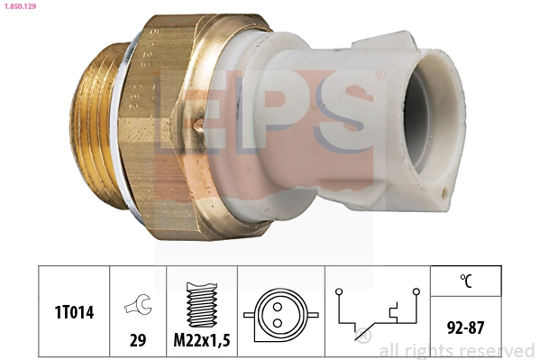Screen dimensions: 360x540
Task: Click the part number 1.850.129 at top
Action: [x=21, y=7]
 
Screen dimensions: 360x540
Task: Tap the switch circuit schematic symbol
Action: [x=378, y=312]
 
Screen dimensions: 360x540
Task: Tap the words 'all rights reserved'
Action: [x=457, y=350]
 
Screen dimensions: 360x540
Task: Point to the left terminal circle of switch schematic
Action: [x=337, y=291]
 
